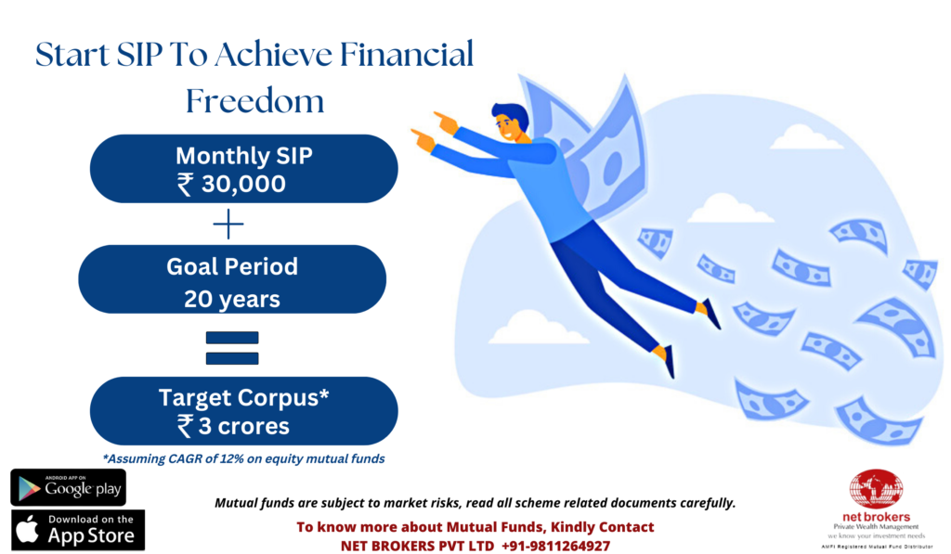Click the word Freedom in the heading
pos(254,100)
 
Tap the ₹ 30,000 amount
pos(231,184)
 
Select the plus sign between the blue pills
pos(228,225)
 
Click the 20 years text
pos(232,299)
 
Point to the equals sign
pos(232,348)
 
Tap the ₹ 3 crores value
pos(233,426)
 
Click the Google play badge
pos(69,487)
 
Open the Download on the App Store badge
pos(78,530)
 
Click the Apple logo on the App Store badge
pos(27,529)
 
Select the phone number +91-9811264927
pos(555,546)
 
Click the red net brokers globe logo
pos(877,489)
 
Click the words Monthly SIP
pos(244,156)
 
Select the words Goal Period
pos(232,266)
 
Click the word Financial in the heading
pos(407,54)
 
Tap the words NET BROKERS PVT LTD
pos(417,546)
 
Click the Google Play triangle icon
pos(29,488)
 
